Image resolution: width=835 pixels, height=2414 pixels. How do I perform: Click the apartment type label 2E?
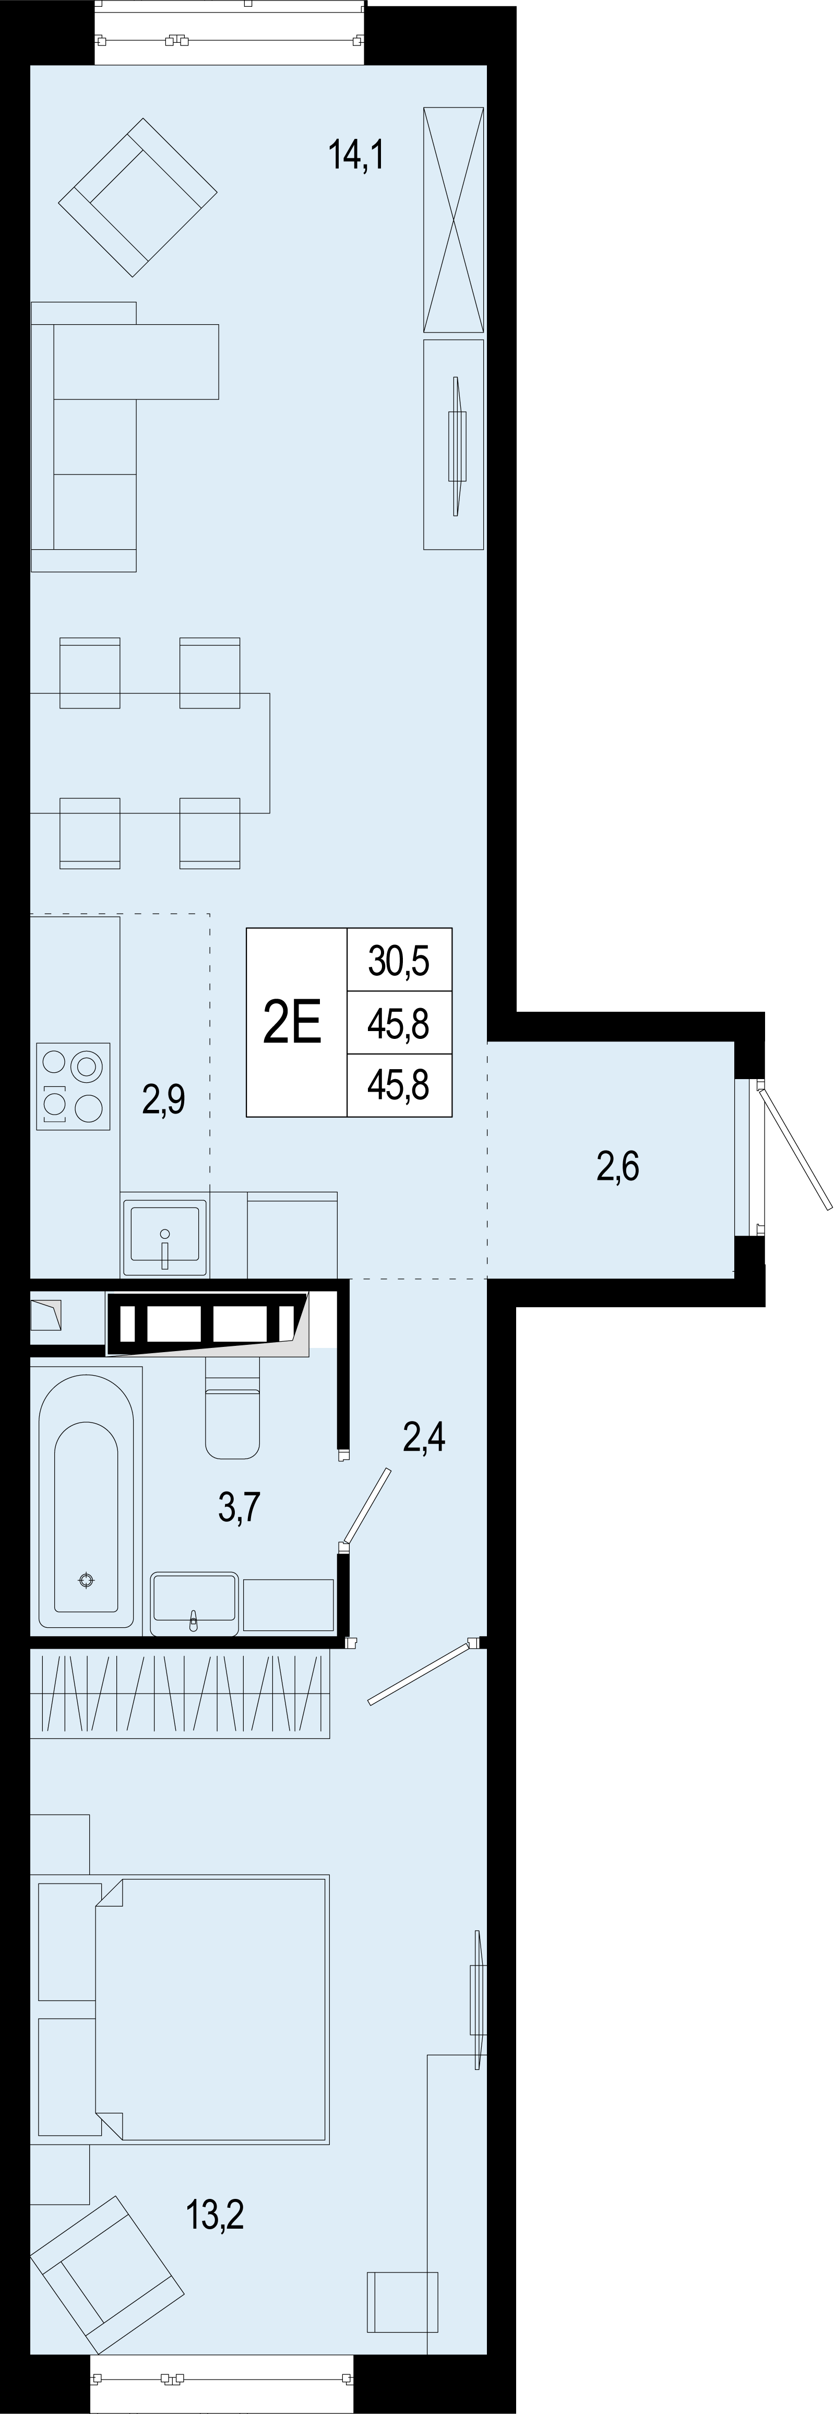coord(293,1022)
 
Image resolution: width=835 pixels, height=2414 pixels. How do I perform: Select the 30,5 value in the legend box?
coord(399,961)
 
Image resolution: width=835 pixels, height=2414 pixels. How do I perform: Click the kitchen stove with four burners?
coord(73,1086)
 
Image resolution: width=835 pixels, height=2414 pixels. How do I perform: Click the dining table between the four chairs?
coord(150,752)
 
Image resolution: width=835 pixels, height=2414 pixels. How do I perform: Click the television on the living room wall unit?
coord(457,445)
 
